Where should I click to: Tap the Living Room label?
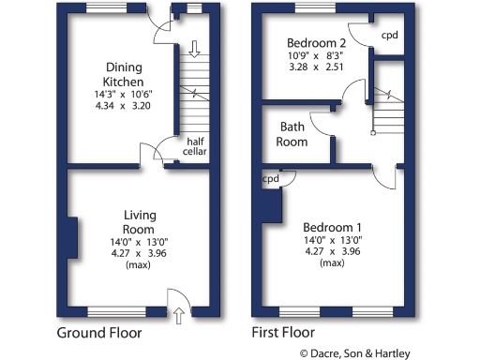tap(139, 221)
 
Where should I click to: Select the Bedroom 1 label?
tap(333, 228)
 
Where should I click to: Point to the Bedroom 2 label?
tap(316, 43)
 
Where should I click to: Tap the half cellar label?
tap(195, 146)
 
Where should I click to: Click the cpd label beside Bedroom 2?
tap(389, 37)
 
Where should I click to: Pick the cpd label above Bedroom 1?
tap(271, 179)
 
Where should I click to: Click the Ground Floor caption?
tap(99, 333)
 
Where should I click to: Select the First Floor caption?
tap(283, 333)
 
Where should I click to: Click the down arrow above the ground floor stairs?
tap(194, 48)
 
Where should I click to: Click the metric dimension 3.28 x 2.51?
tap(316, 67)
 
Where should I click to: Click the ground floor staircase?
tap(193, 94)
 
